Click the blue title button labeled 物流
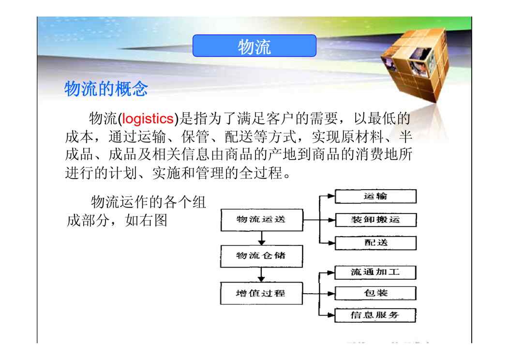pyautogui.click(x=254, y=46)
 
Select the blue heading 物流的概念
pyautogui.click(x=106, y=89)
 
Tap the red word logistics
pyautogui.click(x=148, y=119)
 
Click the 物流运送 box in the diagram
pyautogui.click(x=262, y=220)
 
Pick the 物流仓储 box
pyautogui.click(x=261, y=256)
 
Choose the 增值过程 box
pyautogui.click(x=261, y=293)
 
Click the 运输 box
pyautogui.click(x=375, y=196)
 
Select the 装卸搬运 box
pyautogui.click(x=375, y=220)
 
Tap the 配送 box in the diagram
pyautogui.click(x=375, y=243)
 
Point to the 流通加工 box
pyautogui.click(x=375, y=272)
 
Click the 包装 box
pyautogui.click(x=375, y=293)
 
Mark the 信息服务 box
pyautogui.click(x=375, y=315)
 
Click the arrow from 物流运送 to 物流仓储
pyautogui.click(x=262, y=238)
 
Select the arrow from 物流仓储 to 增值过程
pyautogui.click(x=261, y=275)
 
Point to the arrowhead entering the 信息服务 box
pyautogui.click(x=331, y=315)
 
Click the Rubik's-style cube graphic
pyautogui.click(x=415, y=65)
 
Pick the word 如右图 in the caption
pyautogui.click(x=146, y=221)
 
